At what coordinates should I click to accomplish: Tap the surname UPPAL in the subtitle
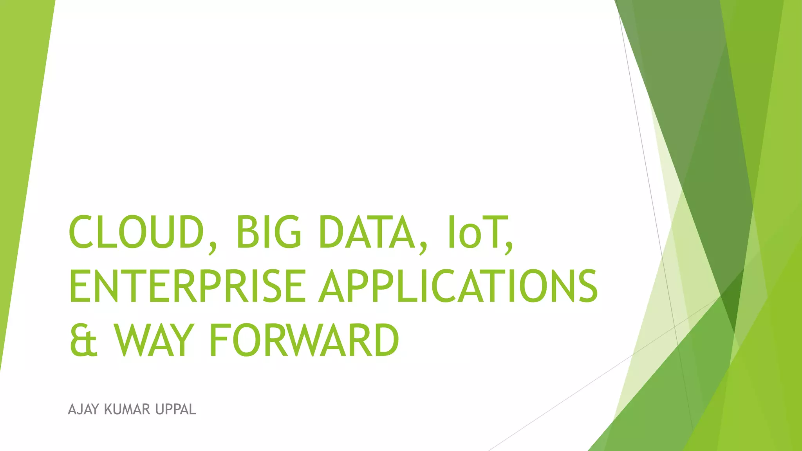point(175,410)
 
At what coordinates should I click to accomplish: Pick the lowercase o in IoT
point(470,236)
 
